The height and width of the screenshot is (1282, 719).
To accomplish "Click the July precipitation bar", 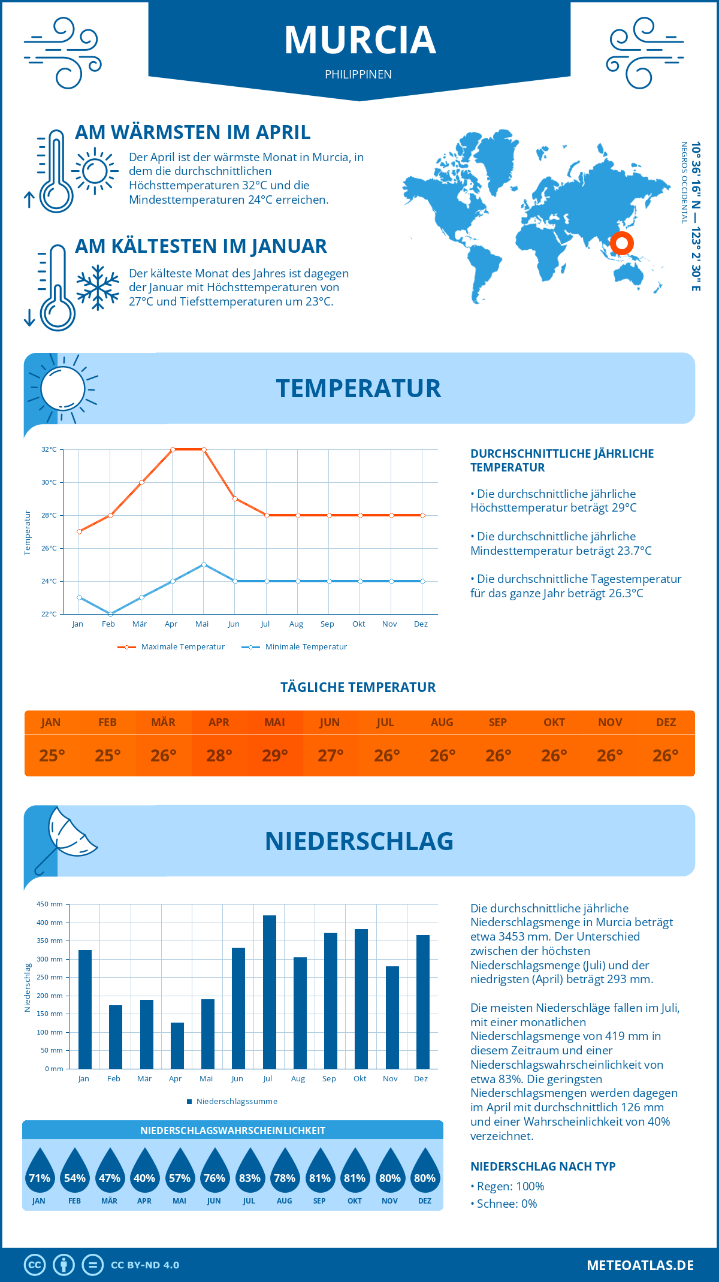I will (270, 991).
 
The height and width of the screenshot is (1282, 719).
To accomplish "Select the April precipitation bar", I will (177, 1045).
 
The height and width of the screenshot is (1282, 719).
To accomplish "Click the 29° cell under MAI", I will (275, 755).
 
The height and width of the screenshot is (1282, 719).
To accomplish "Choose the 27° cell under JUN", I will (330, 755).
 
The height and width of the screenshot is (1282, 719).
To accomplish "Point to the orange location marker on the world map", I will (622, 243).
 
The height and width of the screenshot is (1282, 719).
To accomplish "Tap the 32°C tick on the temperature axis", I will (49, 449).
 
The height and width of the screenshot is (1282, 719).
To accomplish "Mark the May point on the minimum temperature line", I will (204, 564).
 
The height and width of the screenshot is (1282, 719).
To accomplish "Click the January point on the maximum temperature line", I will (79, 531).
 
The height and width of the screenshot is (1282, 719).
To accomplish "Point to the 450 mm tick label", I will (50, 904).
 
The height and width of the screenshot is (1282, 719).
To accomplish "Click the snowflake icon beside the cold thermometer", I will (98, 288).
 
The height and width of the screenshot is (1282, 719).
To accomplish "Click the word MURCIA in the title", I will (359, 40).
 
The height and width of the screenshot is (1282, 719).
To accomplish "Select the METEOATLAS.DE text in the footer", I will (640, 1265).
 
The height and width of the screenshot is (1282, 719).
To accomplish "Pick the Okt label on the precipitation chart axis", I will (359, 1079).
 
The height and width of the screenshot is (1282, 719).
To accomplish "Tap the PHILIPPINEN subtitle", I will (358, 74).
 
